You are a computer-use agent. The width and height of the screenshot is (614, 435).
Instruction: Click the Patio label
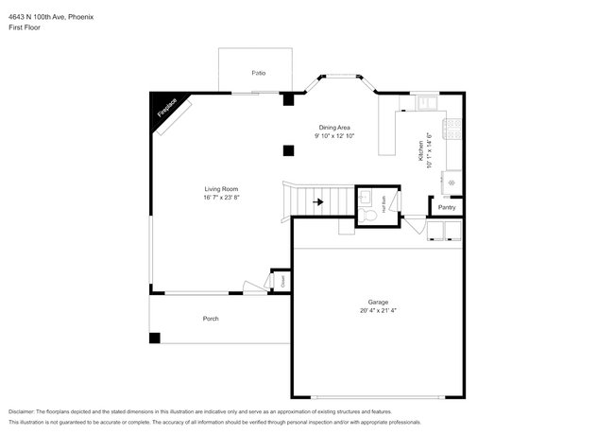258,73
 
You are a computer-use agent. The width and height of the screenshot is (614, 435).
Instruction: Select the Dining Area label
333,127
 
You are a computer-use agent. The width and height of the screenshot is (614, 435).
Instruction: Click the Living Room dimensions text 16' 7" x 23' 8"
221,198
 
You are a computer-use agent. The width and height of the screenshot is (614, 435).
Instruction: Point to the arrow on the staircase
318,201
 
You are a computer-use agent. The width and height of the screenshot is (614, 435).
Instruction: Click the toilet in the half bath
370,217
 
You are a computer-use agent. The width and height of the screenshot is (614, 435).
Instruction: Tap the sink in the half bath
366,198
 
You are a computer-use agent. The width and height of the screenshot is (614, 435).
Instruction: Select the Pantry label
447,207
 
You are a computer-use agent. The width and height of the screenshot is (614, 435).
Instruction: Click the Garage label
378,303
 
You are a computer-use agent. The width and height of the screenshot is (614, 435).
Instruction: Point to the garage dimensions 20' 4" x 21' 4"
378,311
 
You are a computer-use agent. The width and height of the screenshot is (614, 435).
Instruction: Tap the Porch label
211,319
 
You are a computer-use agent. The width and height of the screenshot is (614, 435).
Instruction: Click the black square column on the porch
155,338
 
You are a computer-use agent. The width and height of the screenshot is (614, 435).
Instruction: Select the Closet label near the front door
281,281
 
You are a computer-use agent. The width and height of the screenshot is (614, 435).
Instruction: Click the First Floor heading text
25,27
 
